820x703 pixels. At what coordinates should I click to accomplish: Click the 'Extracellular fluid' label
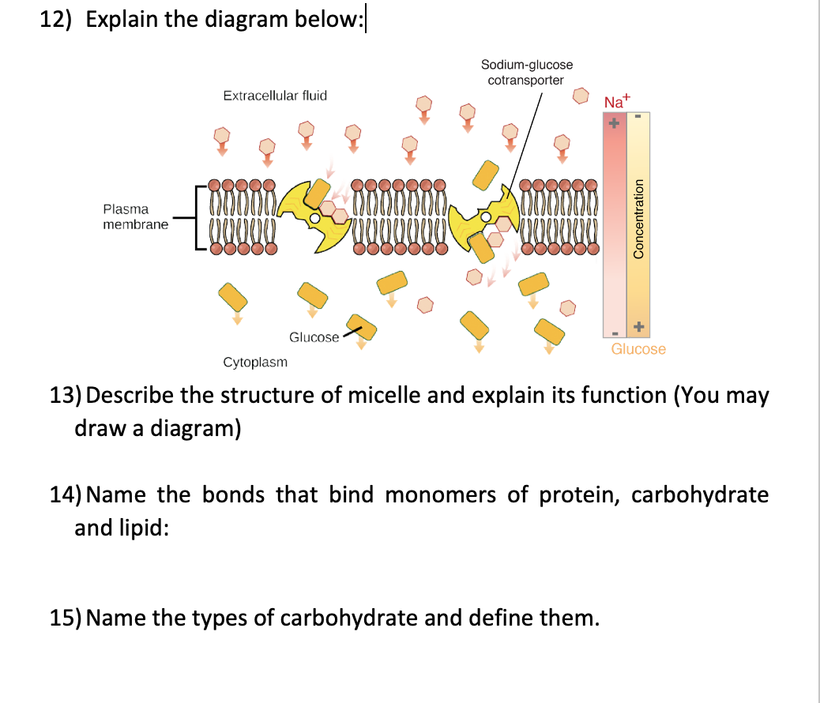tap(275, 96)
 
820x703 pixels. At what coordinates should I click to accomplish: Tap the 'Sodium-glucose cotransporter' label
tap(527, 72)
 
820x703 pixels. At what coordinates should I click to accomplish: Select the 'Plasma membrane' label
tap(135, 216)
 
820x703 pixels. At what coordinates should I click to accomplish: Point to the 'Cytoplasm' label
tap(255, 363)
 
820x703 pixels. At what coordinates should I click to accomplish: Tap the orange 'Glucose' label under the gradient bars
tap(638, 348)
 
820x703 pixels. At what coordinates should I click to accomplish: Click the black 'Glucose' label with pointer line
tap(314, 337)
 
